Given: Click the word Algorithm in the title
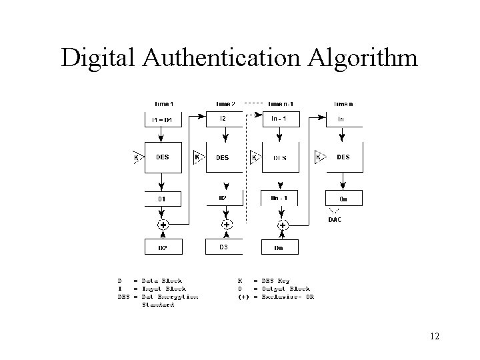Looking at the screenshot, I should pyautogui.click(x=363, y=59).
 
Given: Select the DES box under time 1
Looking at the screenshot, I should pyautogui.click(x=162, y=157).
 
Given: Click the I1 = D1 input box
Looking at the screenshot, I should pyautogui.click(x=162, y=119).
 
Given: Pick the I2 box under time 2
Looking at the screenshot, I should pyautogui.click(x=223, y=119).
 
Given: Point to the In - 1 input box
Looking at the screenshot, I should pyautogui.click(x=279, y=119).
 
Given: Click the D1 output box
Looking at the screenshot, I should pyautogui.click(x=162, y=199).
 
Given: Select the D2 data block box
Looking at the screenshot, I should pyautogui.click(x=162, y=247).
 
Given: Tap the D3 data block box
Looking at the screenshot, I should pyautogui.click(x=223, y=247).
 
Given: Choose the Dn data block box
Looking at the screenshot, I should pyautogui.click(x=279, y=247).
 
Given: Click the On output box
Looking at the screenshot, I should pyautogui.click(x=343, y=199).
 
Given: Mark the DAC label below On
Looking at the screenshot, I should pyautogui.click(x=335, y=219).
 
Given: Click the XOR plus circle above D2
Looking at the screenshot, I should pyautogui.click(x=163, y=225).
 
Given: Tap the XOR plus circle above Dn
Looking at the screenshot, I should pyautogui.click(x=282, y=225).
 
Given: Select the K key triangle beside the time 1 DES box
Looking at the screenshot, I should pyautogui.click(x=137, y=157).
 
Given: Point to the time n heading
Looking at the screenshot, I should pyautogui.click(x=343, y=104).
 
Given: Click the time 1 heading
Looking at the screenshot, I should pyautogui.click(x=164, y=104).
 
